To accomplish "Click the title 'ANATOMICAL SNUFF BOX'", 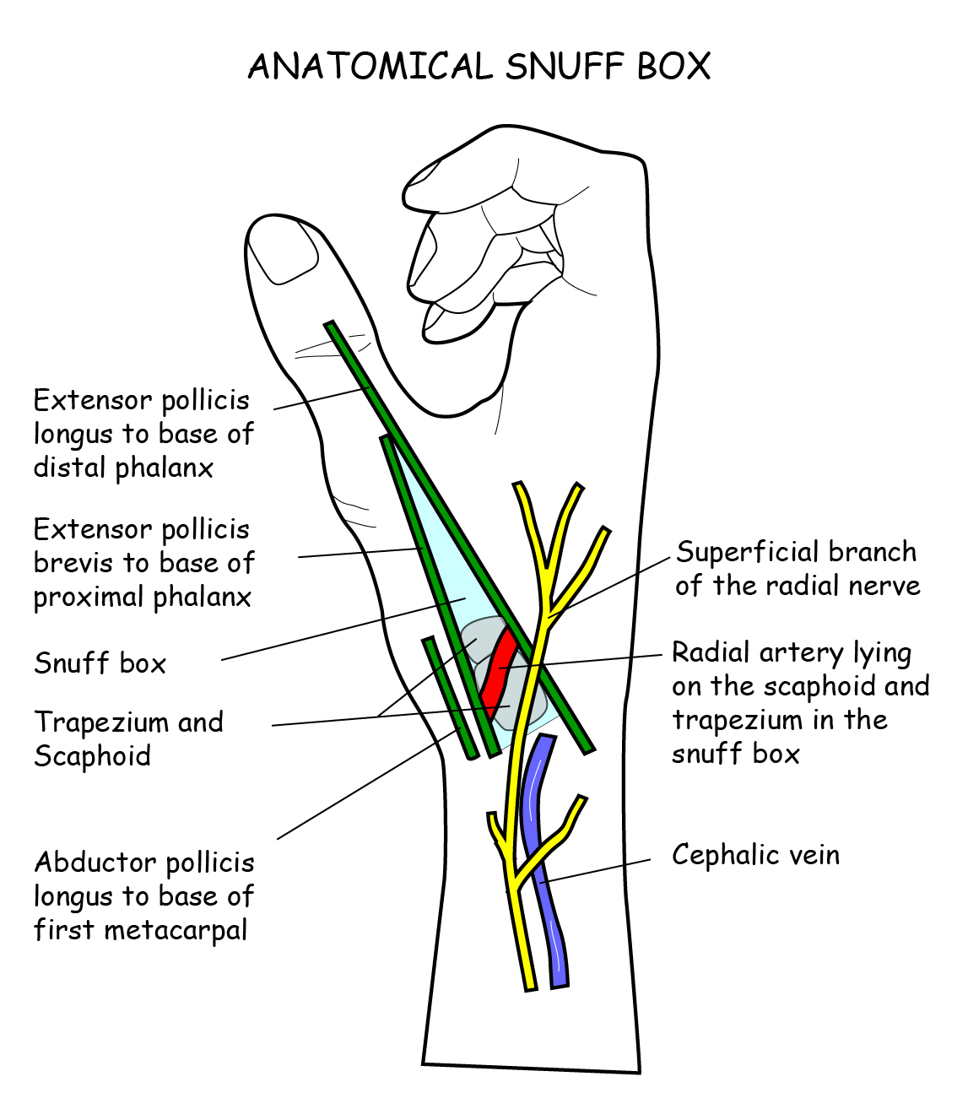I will [x=479, y=67].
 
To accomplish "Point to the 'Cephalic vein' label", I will [x=755, y=855].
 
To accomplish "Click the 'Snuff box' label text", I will [x=100, y=663].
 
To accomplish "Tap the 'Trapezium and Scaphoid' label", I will [x=128, y=739].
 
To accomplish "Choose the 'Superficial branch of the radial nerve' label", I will [x=797, y=569].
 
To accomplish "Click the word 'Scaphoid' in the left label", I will [x=92, y=756].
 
